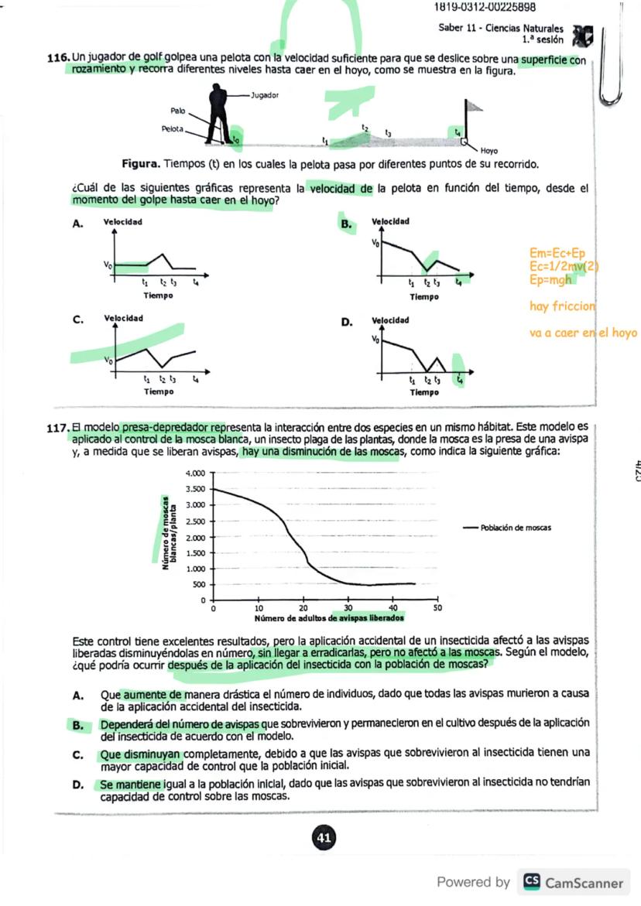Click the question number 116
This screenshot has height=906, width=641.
pyautogui.click(x=59, y=60)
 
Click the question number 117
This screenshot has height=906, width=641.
pyautogui.click(x=59, y=426)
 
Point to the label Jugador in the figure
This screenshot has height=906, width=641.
pyautogui.click(x=266, y=95)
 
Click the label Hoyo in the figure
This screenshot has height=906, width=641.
pyautogui.click(x=488, y=151)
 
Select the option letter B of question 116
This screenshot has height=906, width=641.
pyautogui.click(x=347, y=224)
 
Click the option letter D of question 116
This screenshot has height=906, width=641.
pyautogui.click(x=347, y=321)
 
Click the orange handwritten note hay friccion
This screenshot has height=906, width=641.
pyautogui.click(x=562, y=306)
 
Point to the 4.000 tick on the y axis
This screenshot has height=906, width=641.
pyautogui.click(x=197, y=473)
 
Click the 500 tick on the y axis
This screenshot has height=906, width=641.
pyautogui.click(x=199, y=584)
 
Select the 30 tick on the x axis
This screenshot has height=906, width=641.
pyautogui.click(x=348, y=608)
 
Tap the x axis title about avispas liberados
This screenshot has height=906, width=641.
pyautogui.click(x=329, y=618)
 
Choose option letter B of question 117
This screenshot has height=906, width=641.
pyautogui.click(x=78, y=725)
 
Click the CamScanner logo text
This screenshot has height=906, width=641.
pyautogui.click(x=584, y=883)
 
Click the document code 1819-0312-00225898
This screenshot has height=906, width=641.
pyautogui.click(x=485, y=8)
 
